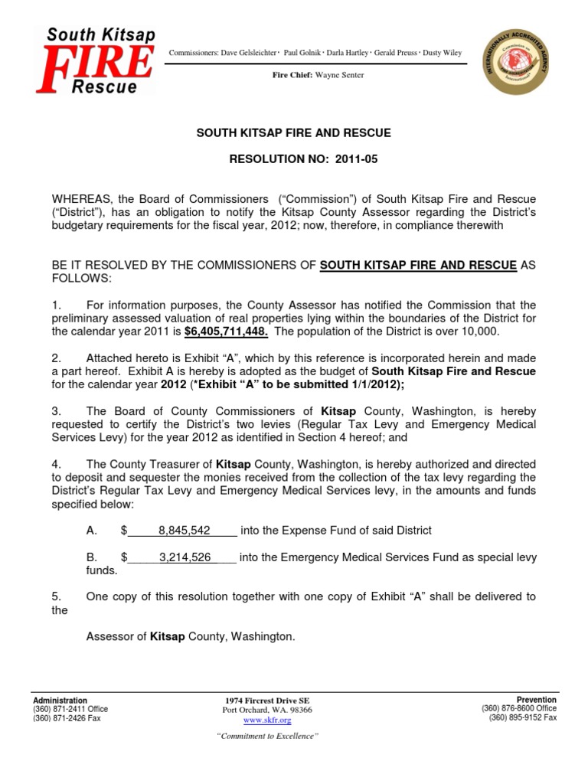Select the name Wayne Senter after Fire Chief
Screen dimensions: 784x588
coord(339,75)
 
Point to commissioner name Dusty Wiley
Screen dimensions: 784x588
coord(441,53)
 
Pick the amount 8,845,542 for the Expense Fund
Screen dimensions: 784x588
coord(185,531)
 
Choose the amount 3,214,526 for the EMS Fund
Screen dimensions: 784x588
coord(185,557)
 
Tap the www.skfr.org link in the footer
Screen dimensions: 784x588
coord(267,720)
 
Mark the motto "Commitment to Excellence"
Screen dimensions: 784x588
coord(267,737)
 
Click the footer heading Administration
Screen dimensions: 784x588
coord(60,701)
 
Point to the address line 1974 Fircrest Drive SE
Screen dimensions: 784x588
coord(267,701)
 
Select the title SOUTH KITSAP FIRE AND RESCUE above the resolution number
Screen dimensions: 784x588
coord(294,133)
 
